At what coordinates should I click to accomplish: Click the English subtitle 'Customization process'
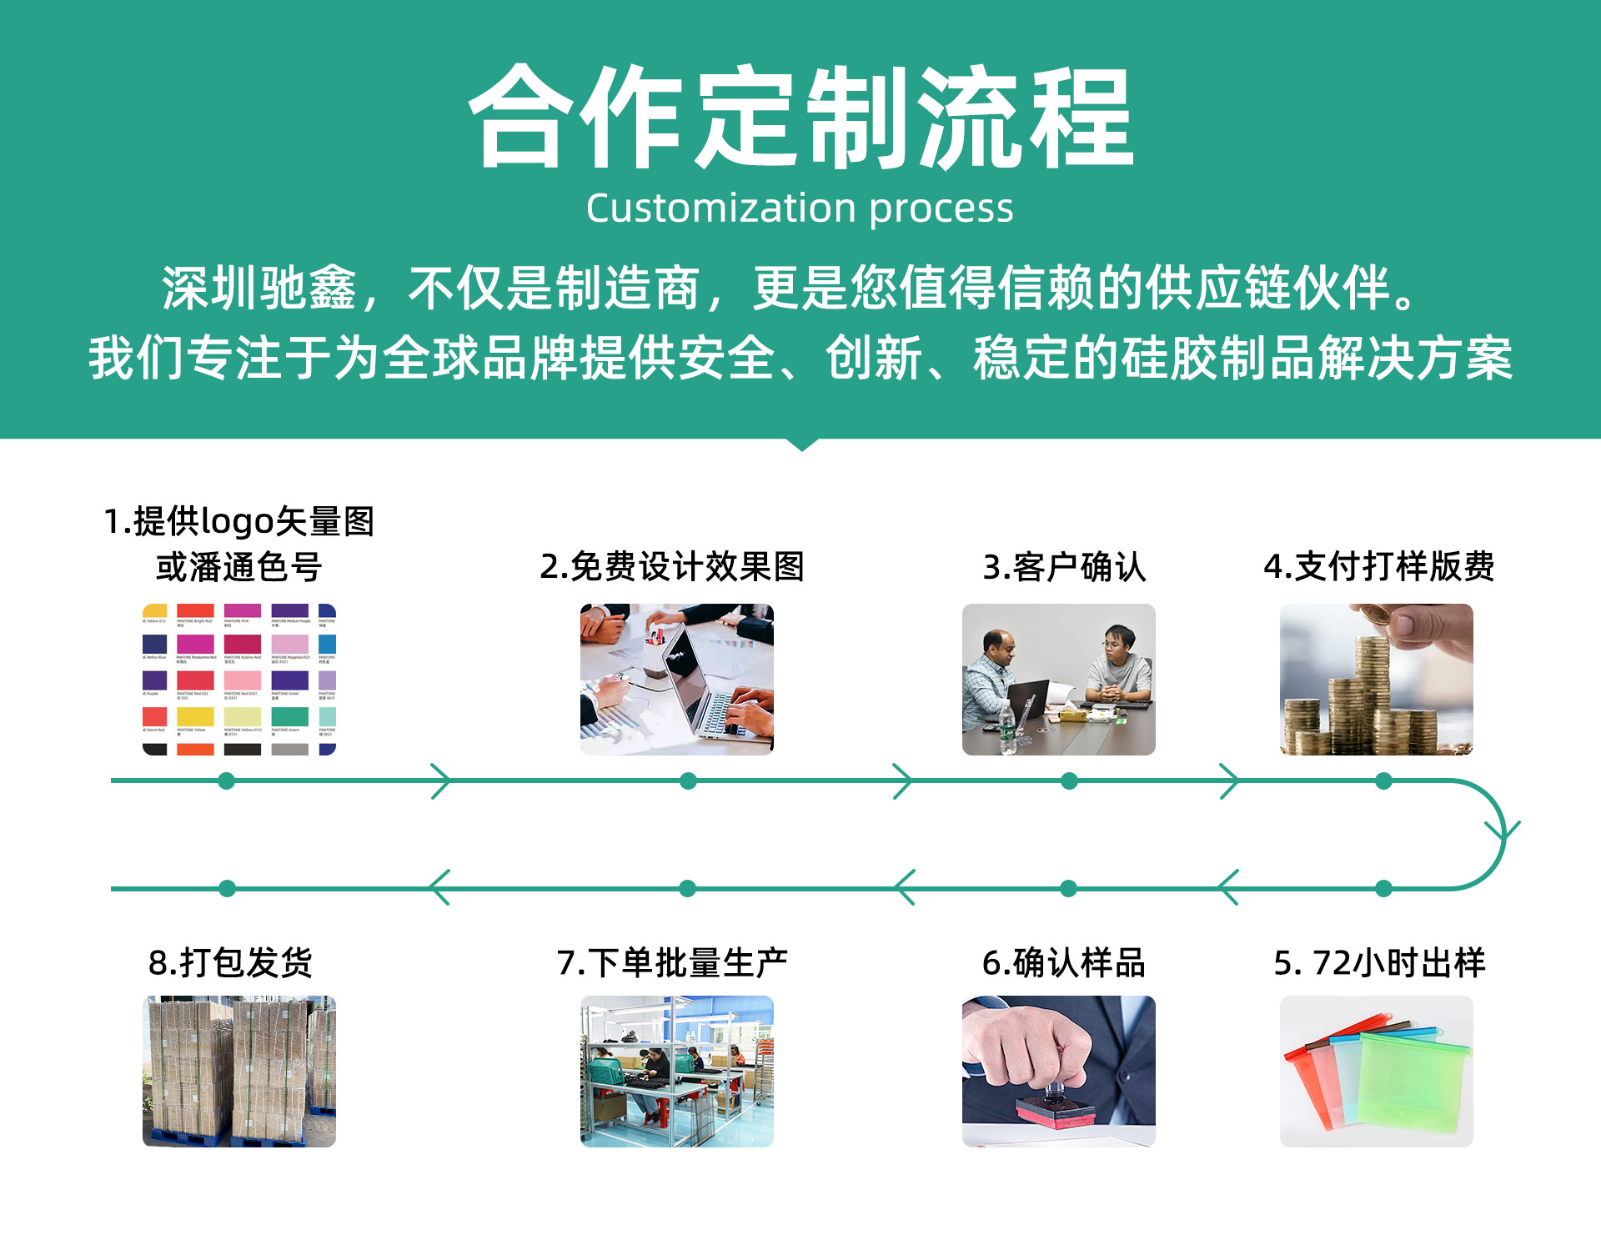point(799,208)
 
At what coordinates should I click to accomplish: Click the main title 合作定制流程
point(800,117)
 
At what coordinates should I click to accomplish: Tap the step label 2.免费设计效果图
point(672,567)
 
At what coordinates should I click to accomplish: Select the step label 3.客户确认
point(1064,567)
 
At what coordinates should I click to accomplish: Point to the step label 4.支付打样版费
point(1378,567)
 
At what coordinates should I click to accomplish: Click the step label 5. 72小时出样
point(1379,963)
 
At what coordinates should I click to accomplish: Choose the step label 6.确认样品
point(1064,963)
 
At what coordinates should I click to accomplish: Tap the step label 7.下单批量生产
point(672,963)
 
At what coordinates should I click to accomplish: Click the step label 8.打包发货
point(230,963)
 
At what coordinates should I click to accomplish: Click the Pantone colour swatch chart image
point(239,680)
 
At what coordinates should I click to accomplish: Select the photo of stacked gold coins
point(1376,680)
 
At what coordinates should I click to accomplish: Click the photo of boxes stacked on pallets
point(239,1072)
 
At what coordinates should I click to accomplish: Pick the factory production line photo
point(676,1072)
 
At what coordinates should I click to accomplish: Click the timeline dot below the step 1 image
point(226,781)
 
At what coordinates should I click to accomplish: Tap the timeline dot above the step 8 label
point(227,889)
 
